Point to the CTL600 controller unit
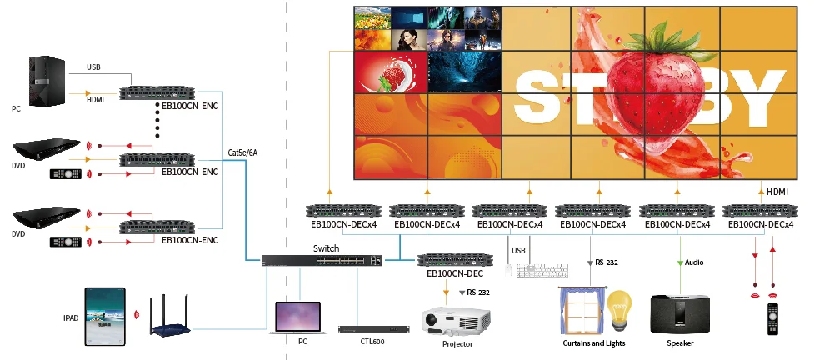pos(374,329)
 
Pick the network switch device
pos(321,260)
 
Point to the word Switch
pos(326,248)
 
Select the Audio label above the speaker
pos(694,262)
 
